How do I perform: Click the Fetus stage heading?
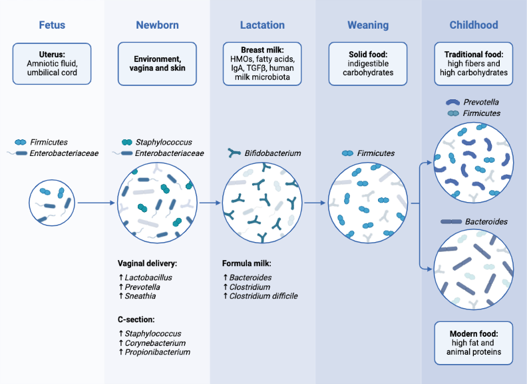click(x=52, y=25)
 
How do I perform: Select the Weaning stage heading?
click(x=368, y=25)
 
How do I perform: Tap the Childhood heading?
click(x=474, y=25)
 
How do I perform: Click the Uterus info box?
click(x=52, y=63)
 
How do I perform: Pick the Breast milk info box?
click(x=262, y=63)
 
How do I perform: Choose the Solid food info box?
click(x=368, y=63)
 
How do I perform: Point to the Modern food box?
click(x=474, y=343)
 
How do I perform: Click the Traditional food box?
click(x=474, y=63)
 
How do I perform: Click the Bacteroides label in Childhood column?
click(x=485, y=221)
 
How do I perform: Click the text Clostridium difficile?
click(x=263, y=296)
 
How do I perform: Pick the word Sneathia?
click(x=144, y=296)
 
